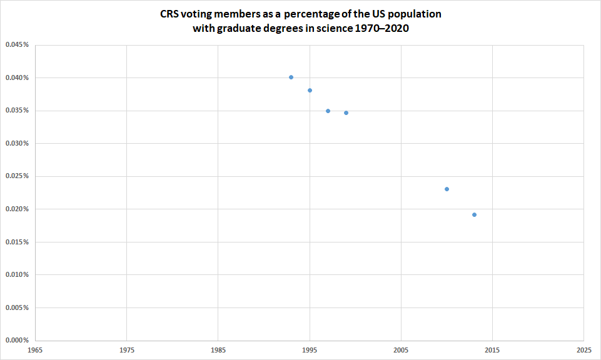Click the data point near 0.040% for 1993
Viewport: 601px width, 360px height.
pyautogui.click(x=291, y=77)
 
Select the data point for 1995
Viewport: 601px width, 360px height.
pyautogui.click(x=310, y=90)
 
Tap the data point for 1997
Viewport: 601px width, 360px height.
pyautogui.click(x=328, y=111)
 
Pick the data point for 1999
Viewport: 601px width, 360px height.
pyautogui.click(x=346, y=112)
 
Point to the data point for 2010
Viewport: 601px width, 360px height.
pyautogui.click(x=447, y=189)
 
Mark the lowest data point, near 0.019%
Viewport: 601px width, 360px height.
pyautogui.click(x=474, y=214)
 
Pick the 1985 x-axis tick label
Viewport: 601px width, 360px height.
pyautogui.click(x=218, y=351)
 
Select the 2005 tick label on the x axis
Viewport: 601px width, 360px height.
pyautogui.click(x=401, y=351)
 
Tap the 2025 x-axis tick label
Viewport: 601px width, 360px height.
pyautogui.click(x=583, y=351)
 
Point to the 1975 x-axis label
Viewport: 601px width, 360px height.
pyautogui.click(x=126, y=351)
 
